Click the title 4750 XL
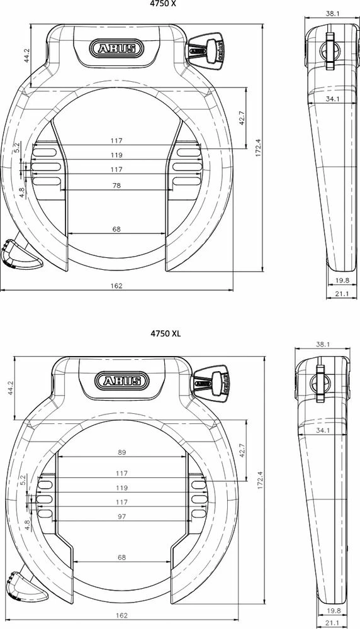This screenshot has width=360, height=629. [165, 333]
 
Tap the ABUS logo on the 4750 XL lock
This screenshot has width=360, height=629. [122, 381]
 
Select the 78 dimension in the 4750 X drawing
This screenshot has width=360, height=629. [116, 186]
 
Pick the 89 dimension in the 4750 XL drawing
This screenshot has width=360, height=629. [122, 452]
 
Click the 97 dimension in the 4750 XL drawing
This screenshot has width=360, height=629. [122, 516]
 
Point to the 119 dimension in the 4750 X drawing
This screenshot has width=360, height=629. [116, 155]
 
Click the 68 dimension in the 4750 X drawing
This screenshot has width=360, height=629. [116, 230]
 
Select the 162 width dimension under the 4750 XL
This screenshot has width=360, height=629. [122, 615]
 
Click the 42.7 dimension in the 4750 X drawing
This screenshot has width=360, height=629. [241, 119]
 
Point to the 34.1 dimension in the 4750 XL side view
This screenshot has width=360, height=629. [324, 431]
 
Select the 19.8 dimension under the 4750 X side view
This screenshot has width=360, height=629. [342, 281]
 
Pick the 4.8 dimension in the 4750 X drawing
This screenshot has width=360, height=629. [22, 191]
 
